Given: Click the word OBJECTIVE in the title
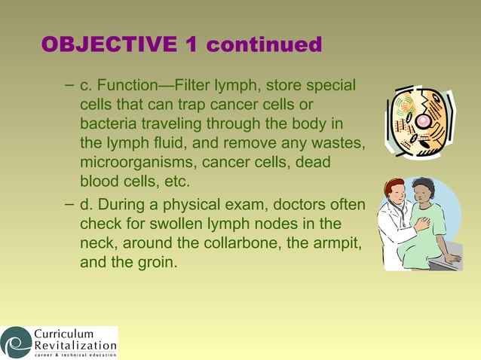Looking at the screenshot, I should tap(109, 44).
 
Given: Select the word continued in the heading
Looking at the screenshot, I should tap(264, 44).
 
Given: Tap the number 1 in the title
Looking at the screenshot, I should tap(191, 44).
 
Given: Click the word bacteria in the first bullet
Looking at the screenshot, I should tap(108, 122).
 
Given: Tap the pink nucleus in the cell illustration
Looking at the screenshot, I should tap(424, 121).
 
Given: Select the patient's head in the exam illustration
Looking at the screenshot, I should tap(424, 191).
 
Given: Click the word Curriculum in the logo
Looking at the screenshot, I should tap(63, 334).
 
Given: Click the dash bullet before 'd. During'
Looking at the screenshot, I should tap(69, 205).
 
